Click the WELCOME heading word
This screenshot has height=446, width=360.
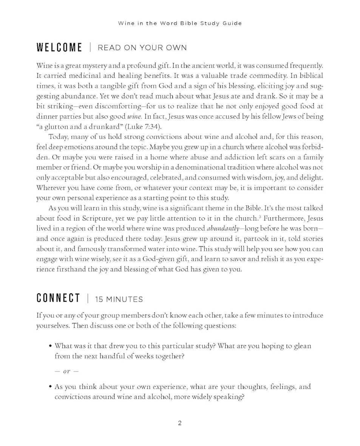[59, 48]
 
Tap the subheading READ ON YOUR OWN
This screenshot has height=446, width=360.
[142, 48]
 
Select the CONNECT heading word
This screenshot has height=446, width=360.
[58, 298]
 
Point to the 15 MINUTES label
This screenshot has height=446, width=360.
[119, 299]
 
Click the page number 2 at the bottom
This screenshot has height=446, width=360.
[180, 423]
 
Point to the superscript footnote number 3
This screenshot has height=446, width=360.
[260, 217]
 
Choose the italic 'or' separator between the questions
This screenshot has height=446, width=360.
[66, 371]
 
